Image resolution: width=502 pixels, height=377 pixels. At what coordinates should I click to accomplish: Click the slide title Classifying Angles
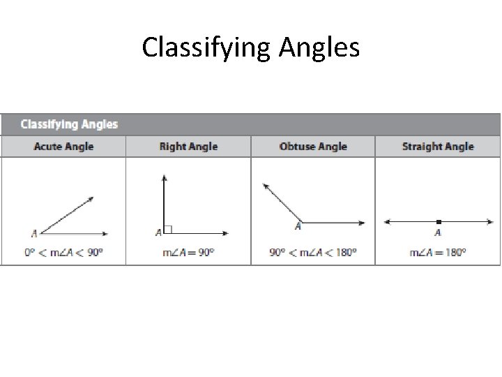(251, 48)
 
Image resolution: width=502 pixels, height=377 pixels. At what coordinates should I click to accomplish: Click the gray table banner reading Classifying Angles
(69, 124)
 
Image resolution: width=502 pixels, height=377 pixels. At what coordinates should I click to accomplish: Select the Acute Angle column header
(63, 147)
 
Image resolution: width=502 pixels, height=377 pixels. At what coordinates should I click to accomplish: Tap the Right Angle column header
(188, 147)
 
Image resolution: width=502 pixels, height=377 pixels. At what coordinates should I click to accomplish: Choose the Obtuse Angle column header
(313, 147)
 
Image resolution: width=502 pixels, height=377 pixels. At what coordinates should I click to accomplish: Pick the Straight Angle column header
(438, 147)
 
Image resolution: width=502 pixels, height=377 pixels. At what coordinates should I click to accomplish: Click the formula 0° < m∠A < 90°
(63, 252)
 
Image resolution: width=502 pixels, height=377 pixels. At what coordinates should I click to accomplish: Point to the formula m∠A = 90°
(188, 252)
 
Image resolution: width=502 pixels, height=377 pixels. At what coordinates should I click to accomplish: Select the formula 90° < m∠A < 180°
(313, 252)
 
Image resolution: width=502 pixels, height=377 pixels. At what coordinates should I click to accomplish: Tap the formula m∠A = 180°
(438, 252)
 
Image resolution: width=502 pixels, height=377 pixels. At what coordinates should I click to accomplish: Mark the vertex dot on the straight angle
(438, 222)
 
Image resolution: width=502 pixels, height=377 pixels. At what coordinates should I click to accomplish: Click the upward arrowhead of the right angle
(164, 178)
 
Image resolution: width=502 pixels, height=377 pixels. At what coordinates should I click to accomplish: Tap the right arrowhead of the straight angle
(489, 222)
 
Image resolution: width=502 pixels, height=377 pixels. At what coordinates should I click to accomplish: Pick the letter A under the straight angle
(438, 232)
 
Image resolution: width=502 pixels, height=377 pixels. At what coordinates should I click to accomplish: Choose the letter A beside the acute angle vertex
(34, 233)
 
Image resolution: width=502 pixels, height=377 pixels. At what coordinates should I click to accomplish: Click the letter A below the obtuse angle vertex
(298, 226)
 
